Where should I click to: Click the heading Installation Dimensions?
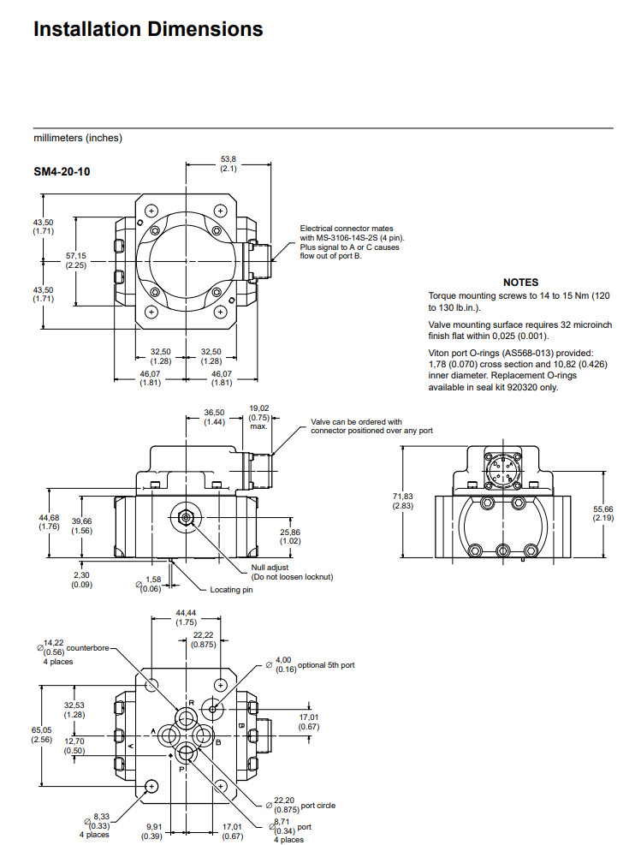[x=148, y=29]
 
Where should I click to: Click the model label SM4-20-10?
[x=62, y=172]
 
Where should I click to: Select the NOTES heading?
[x=520, y=282]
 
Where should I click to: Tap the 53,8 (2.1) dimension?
[x=228, y=164]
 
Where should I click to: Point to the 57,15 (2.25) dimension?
[x=76, y=260]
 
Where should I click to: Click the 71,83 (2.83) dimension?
[x=403, y=502]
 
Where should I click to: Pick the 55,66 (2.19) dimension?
[x=603, y=513]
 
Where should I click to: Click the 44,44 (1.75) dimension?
[x=186, y=617]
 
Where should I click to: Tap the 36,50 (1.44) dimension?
[x=214, y=418]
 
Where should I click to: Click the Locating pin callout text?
[x=233, y=590]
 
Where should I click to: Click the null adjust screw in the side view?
[x=185, y=516]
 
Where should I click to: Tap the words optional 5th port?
[x=325, y=665]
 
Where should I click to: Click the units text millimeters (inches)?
[x=78, y=138]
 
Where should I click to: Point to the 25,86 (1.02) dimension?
[x=290, y=536]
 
